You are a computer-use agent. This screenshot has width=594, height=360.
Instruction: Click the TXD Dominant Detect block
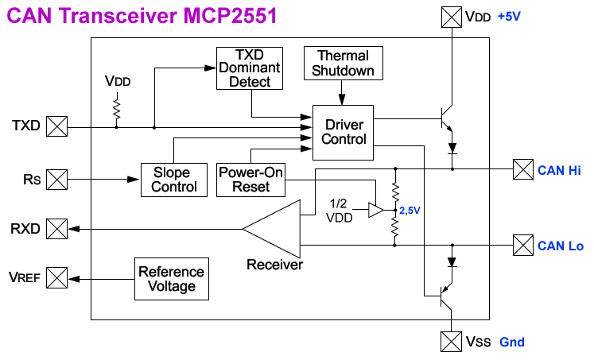point(250,68)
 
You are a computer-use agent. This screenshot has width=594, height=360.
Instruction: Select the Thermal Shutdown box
point(343,63)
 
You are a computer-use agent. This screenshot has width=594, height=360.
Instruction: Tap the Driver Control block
point(344,132)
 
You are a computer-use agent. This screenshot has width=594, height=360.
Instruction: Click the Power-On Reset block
point(250,180)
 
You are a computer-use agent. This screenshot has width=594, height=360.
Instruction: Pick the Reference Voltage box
point(171,278)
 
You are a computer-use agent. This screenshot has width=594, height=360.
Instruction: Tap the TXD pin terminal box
point(57,126)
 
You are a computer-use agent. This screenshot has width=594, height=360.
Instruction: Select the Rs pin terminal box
point(57,180)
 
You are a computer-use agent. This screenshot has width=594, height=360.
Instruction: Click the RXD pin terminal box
point(57,229)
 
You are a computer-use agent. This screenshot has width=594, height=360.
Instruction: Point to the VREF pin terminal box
point(57,278)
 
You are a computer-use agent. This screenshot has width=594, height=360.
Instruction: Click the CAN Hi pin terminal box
point(522,169)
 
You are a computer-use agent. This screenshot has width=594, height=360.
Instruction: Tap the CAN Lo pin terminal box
point(522,245)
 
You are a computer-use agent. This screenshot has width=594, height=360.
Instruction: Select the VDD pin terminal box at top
point(451,16)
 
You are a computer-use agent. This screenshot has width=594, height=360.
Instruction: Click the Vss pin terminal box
point(451,341)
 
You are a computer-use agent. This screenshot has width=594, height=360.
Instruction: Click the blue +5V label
point(511,16)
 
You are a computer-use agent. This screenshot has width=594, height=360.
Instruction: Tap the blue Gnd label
point(512,343)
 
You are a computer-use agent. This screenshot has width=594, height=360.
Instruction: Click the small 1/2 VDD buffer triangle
point(375,211)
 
